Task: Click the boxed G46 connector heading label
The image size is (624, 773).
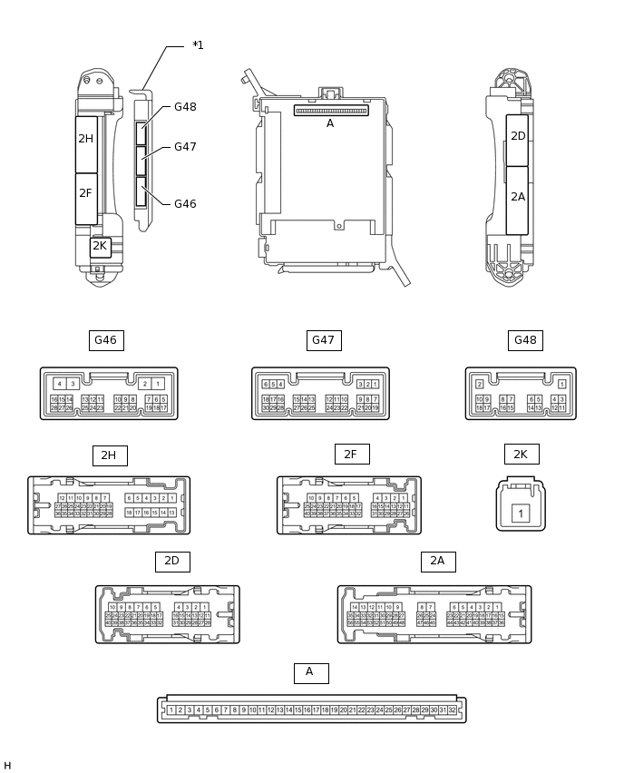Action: click(106, 340)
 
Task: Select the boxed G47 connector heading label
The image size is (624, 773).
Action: click(324, 340)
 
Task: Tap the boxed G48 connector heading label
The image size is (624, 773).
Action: click(525, 340)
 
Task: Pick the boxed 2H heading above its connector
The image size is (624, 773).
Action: click(109, 455)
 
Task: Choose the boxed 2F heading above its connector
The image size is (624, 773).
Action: click(351, 454)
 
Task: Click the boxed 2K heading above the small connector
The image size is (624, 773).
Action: click(522, 454)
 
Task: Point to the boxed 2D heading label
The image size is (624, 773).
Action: click(171, 562)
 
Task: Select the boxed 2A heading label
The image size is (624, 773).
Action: click(437, 562)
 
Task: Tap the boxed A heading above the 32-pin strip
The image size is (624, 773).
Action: click(310, 672)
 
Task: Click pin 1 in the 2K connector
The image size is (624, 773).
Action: click(521, 514)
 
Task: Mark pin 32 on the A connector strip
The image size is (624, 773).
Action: click(453, 709)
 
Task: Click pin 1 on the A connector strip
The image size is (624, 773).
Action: click(171, 709)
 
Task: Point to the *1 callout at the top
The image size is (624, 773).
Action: click(198, 45)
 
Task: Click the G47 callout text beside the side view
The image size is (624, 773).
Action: click(185, 147)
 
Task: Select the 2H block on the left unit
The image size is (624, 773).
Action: click(85, 139)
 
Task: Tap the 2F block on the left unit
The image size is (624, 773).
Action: click(85, 193)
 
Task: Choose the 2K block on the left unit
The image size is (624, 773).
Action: click(100, 246)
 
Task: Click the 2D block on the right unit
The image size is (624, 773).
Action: click(518, 137)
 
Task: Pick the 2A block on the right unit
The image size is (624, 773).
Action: click(518, 197)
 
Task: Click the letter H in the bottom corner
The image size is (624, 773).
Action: click(7, 767)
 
